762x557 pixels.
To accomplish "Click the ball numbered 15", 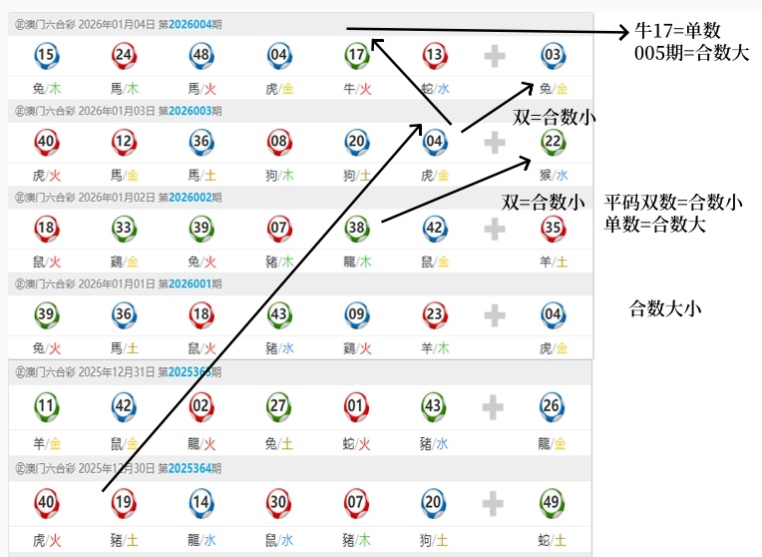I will coord(46,55).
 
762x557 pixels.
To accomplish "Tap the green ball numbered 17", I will coord(357,55).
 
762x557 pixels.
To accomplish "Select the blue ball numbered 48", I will coord(201,55).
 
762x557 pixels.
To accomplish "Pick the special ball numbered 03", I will coord(553,55).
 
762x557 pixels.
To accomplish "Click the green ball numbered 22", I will coord(553,142).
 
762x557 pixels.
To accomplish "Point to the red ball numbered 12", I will coord(124,142).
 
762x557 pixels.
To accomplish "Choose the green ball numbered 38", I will coord(357,228).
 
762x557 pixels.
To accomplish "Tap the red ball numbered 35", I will coord(553,228).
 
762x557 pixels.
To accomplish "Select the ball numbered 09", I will coord(357,314).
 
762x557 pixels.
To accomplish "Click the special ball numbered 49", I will coord(553,501).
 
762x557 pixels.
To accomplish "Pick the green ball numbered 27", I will coord(279,406).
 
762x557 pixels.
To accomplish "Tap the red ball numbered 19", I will coord(124,501).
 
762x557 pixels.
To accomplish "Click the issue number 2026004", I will coord(192,24).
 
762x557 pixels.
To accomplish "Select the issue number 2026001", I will coord(192,283).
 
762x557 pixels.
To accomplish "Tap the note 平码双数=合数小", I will coord(673,203).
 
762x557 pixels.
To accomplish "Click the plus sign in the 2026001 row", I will coord(495,315).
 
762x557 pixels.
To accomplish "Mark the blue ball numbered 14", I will coord(201,501).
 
